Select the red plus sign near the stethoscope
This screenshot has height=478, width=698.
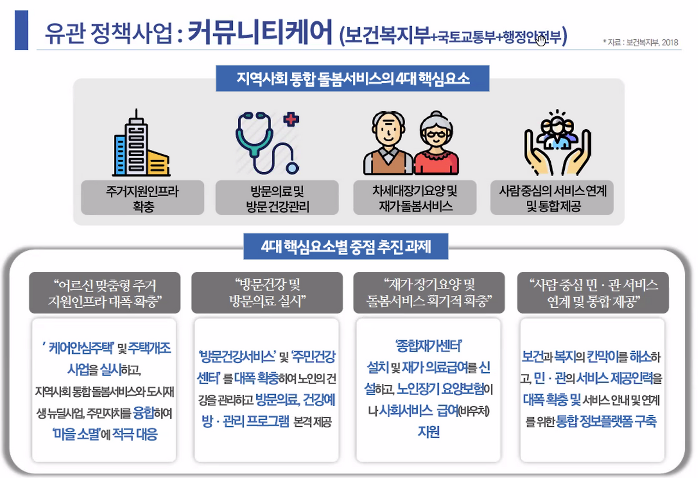(292, 118)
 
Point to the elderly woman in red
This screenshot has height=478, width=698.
(436, 144)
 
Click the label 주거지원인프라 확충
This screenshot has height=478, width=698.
(143, 198)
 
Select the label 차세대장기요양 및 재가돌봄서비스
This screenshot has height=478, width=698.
(414, 198)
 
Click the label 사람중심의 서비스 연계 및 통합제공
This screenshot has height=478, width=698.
(552, 198)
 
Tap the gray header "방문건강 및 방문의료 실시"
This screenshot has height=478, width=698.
(267, 292)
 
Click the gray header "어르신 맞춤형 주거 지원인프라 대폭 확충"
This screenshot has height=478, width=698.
(104, 292)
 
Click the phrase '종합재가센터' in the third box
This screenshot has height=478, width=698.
(429, 346)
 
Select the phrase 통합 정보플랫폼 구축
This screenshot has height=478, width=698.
(606, 421)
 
